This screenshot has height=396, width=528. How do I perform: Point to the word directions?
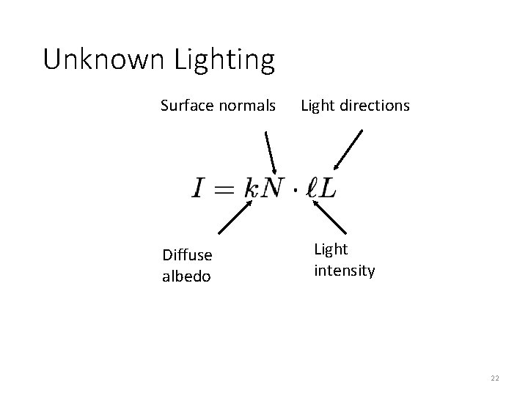(x=374, y=106)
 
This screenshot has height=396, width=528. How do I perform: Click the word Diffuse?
(x=187, y=255)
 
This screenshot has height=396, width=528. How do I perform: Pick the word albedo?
(x=186, y=276)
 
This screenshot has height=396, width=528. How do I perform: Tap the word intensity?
(x=345, y=271)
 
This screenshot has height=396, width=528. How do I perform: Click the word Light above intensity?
(x=331, y=249)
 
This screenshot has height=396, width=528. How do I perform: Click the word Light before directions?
(x=317, y=106)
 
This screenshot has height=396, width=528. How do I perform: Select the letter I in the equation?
(x=199, y=188)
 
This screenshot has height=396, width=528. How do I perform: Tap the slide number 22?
(x=494, y=378)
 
